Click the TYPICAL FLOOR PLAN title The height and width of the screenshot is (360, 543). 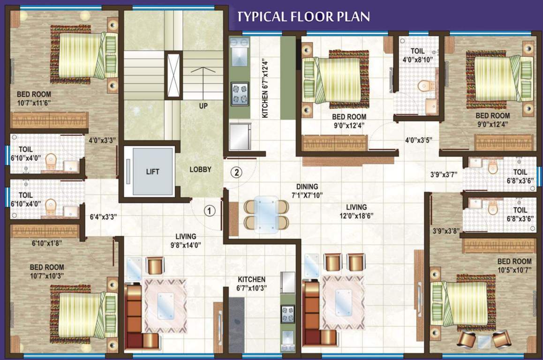point(303,17)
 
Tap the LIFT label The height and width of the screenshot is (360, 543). point(152,172)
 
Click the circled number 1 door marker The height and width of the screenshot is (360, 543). point(210,210)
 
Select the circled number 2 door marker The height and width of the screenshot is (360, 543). point(237,172)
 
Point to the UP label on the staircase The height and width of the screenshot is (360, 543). point(203,106)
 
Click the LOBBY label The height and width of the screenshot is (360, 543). point(200,170)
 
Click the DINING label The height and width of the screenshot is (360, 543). point(307,186)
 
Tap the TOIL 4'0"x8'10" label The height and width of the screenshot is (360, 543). point(417,55)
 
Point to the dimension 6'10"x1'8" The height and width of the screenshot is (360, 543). point(46,244)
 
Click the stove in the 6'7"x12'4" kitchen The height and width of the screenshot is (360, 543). point(240,94)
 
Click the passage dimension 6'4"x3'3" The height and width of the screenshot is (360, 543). point(103,217)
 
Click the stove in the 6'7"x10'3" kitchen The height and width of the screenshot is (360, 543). point(287,314)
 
